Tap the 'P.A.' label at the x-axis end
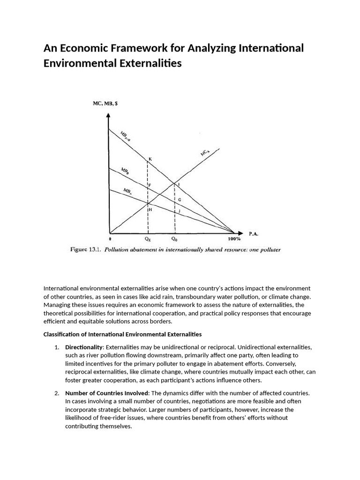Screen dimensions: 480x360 pos(254,233)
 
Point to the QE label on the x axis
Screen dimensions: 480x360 pos(148,239)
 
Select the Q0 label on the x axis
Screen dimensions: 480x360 pos(174,239)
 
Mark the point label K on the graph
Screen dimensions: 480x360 pos(150,159)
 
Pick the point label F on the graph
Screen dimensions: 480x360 pos(150,185)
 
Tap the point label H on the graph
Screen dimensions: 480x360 pos(150,210)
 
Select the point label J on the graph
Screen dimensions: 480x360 pos(179,211)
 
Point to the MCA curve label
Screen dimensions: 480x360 pos(204,153)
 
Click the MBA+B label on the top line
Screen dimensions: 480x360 pos(125,136)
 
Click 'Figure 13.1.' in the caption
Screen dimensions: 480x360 pos(86,249)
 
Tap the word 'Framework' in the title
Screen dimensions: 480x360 pos(126,48)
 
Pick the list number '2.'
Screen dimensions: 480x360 pos(57,392)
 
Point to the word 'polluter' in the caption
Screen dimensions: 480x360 pos(269,249)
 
